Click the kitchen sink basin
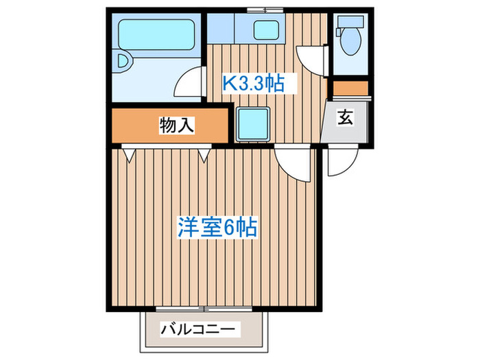[x=265, y=30]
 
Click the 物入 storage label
[x=177, y=125]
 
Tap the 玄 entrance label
[x=346, y=117]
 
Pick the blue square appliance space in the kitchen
[x=254, y=123]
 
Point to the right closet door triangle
[x=204, y=154]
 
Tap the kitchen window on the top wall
[x=265, y=10]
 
